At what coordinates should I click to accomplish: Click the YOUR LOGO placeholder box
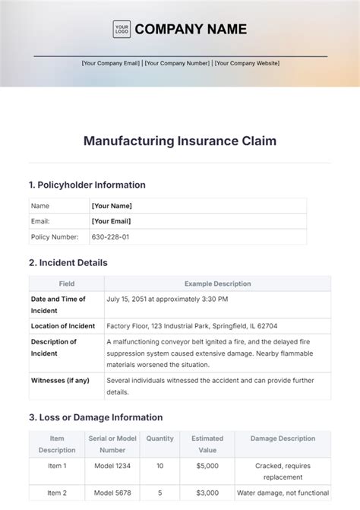click(122, 29)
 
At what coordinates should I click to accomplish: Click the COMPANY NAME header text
click(191, 29)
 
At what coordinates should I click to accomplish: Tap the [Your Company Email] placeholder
click(111, 63)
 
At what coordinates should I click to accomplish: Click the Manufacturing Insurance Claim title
click(180, 141)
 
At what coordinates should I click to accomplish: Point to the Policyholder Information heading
click(87, 185)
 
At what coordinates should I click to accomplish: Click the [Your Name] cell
click(112, 206)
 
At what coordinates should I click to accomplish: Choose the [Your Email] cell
click(111, 221)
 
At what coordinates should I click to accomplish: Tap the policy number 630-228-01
click(110, 236)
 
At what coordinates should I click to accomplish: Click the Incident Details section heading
click(68, 262)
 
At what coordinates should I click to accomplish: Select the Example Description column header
click(216, 284)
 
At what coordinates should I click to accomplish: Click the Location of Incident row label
click(63, 326)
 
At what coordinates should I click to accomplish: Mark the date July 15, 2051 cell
click(172, 299)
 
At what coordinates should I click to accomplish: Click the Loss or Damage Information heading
click(96, 417)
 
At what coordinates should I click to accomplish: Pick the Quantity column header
click(160, 439)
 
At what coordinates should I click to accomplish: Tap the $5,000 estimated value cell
click(207, 465)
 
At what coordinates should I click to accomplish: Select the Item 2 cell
click(58, 492)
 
